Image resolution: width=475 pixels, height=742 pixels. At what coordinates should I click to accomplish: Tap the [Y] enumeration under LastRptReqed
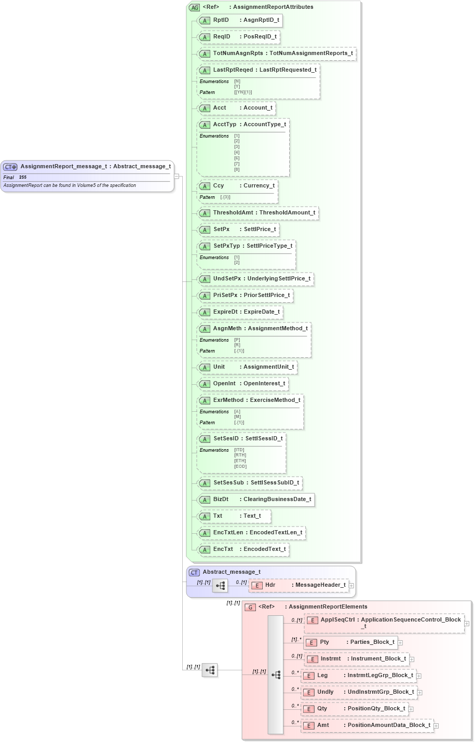[237, 87]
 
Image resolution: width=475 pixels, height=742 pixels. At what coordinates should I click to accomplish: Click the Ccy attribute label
[219, 186]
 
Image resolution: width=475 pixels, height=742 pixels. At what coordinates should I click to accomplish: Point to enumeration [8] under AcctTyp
[237, 169]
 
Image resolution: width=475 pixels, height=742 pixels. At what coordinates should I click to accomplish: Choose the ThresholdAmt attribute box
[258, 213]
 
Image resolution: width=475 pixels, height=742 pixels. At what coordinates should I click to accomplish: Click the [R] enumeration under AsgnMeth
[237, 345]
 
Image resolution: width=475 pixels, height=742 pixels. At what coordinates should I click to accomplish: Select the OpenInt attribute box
[242, 384]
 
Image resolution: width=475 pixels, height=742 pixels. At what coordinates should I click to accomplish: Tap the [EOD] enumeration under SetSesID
[240, 466]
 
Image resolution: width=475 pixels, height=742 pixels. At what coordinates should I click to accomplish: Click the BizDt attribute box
[256, 500]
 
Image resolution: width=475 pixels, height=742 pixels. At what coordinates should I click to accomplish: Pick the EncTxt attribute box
[243, 549]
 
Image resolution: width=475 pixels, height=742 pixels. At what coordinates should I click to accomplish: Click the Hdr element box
[298, 585]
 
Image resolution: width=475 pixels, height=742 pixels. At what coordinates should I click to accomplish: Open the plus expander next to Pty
[400, 643]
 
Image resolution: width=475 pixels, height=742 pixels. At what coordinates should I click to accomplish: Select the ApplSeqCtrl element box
[384, 623]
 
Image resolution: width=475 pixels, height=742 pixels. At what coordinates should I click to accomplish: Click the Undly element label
[325, 692]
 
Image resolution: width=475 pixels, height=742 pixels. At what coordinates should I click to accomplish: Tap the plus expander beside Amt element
[436, 726]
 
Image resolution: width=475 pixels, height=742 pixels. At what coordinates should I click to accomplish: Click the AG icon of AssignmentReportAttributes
[194, 7]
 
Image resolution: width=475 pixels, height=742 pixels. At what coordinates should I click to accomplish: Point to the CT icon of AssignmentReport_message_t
[10, 167]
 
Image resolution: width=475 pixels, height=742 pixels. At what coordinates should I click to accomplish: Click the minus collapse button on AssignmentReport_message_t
[177, 176]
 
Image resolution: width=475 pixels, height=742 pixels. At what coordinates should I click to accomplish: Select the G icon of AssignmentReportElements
[250, 607]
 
